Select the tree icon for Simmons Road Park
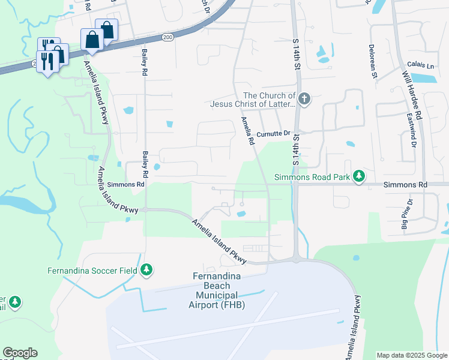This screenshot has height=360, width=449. (359, 176)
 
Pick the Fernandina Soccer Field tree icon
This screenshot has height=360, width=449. (146, 270)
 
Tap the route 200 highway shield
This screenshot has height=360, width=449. (167, 37)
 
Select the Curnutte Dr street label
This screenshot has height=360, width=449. (273, 134)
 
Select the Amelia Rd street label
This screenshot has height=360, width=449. (247, 131)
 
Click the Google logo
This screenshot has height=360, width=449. (20, 353)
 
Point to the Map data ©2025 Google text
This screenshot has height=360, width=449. (412, 355)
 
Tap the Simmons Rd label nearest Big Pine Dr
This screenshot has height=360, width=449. (405, 185)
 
